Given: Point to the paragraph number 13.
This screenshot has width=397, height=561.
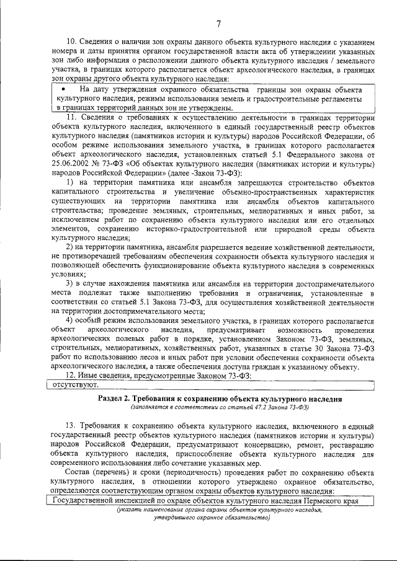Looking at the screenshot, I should click(x=70, y=426).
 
